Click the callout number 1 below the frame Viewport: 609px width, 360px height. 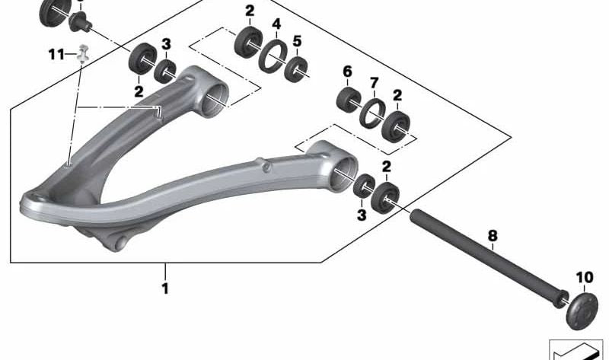pos(165,288)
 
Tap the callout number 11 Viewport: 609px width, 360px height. pos(56,54)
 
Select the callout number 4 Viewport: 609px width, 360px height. pos(276,24)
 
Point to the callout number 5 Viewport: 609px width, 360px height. pos(297,41)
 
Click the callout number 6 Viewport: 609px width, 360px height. pos(347,72)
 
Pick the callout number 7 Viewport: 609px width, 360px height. pos(374,83)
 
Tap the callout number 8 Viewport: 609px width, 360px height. pos(492,235)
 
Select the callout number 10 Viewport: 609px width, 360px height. pos(585,277)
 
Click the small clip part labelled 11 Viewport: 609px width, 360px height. pos(83,54)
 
